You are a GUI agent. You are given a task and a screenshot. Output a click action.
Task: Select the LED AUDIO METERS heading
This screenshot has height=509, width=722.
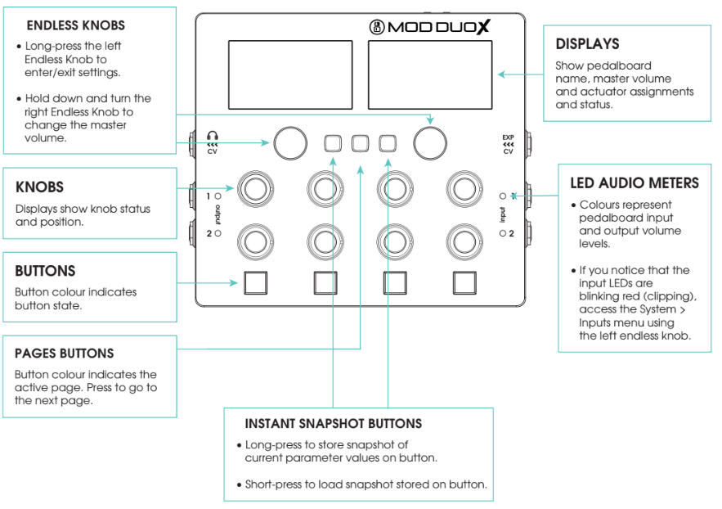(x=635, y=183)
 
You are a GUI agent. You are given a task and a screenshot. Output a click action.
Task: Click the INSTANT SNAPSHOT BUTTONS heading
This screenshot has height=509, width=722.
(x=334, y=424)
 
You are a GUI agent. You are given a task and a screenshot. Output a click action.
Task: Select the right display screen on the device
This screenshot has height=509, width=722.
(x=429, y=79)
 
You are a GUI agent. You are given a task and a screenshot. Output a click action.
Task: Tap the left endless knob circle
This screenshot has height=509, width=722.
(x=289, y=142)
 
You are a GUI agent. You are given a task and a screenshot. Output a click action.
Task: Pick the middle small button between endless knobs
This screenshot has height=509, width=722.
(x=360, y=143)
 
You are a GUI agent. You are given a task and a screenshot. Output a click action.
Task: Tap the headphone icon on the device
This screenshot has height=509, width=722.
(x=213, y=136)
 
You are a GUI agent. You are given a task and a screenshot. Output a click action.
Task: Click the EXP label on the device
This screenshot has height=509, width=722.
(x=508, y=136)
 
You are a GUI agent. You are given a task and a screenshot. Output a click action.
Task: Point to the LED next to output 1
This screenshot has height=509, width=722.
(x=218, y=196)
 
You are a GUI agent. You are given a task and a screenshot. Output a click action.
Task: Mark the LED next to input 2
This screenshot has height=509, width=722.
(x=502, y=233)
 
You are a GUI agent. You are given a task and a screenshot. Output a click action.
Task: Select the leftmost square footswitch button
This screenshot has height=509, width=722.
(x=255, y=282)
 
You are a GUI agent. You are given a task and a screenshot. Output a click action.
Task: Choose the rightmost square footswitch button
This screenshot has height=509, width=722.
(x=464, y=282)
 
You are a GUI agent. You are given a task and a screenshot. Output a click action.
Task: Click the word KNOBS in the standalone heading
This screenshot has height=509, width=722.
(x=39, y=187)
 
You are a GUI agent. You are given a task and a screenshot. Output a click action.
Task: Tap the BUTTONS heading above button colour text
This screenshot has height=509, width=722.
(x=45, y=271)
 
